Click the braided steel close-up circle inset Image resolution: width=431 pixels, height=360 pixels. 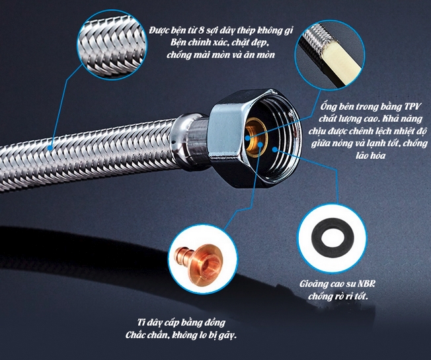112,45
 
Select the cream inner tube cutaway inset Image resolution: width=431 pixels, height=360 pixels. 330,56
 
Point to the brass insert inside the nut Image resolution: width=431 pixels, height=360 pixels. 254,136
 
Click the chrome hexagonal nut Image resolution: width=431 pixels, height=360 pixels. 255,139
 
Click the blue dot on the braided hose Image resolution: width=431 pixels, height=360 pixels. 50,148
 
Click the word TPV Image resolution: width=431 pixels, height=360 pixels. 412,107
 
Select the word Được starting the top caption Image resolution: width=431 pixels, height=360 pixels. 159,30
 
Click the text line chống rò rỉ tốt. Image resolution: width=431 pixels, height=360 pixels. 338,296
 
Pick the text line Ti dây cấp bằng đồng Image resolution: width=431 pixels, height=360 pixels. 181,323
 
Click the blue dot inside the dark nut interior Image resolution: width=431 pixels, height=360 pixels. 275,150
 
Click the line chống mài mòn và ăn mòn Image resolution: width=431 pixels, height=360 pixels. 220,55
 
